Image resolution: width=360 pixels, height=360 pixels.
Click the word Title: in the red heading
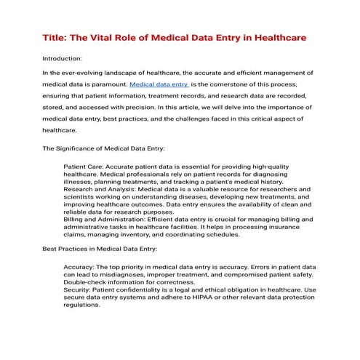[49, 36]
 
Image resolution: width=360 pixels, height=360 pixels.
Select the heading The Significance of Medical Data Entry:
[104, 148]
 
